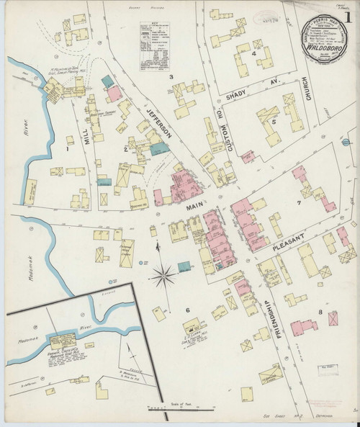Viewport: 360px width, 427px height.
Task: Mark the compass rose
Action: [x=163, y=274]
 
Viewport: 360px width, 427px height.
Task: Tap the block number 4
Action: [x=255, y=53]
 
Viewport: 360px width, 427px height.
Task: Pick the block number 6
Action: [x=188, y=310]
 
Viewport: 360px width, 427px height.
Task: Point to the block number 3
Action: [x=171, y=76]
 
